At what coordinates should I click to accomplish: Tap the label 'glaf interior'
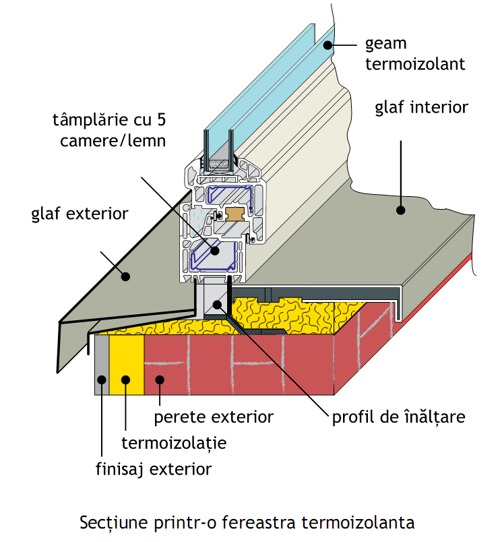pyautogui.click(x=421, y=107)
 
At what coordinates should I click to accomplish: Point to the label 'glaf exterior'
pyautogui.click(x=80, y=214)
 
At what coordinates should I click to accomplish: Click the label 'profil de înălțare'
pyautogui.click(x=398, y=416)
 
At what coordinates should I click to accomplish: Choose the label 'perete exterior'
pyautogui.click(x=214, y=417)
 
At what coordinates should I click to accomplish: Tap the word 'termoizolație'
pyautogui.click(x=173, y=443)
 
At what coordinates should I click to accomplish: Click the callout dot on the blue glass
pyautogui.click(x=328, y=45)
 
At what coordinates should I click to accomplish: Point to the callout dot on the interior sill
pyautogui.click(x=400, y=210)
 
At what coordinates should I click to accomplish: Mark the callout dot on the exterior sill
pyautogui.click(x=125, y=275)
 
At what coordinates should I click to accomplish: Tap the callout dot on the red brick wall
pyautogui.click(x=159, y=380)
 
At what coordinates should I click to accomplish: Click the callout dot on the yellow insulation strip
pyautogui.click(x=125, y=380)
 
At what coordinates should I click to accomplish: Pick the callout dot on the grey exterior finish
pyautogui.click(x=101, y=380)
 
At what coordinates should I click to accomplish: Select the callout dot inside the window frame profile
pyautogui.click(x=215, y=250)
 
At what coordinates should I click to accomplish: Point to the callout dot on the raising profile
pyautogui.click(x=217, y=304)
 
